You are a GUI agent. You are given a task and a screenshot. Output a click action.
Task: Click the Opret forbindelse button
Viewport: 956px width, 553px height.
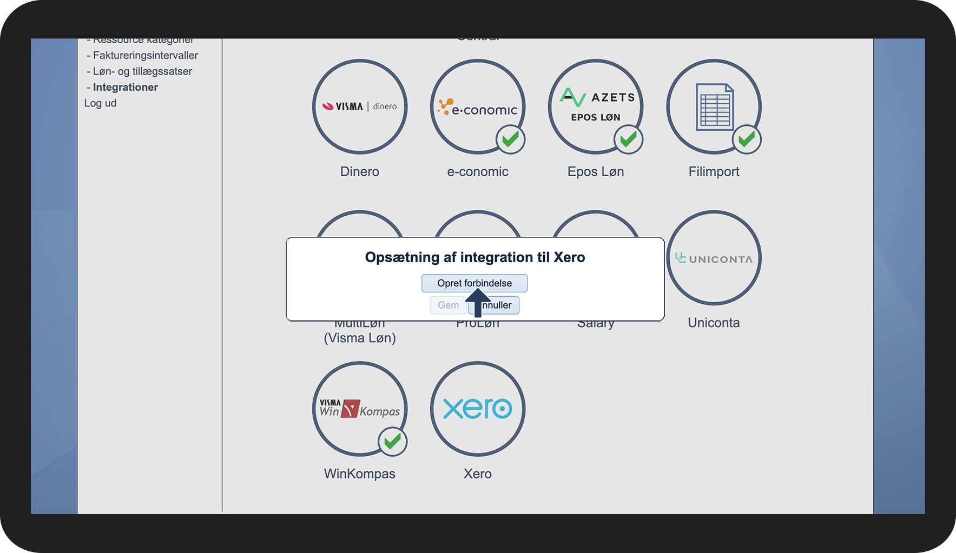click(474, 283)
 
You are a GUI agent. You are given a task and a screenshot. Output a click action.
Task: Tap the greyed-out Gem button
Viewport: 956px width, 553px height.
click(448, 305)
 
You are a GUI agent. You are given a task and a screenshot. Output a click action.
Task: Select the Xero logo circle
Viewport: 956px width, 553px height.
click(478, 409)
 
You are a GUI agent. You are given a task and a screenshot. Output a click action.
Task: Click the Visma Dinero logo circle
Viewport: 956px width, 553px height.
click(360, 106)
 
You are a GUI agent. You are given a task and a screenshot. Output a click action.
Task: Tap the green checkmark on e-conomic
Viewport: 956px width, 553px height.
click(510, 139)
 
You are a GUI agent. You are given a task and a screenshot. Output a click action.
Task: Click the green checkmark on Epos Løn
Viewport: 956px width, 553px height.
click(628, 139)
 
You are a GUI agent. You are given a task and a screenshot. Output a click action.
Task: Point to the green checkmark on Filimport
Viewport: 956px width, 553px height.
click(747, 139)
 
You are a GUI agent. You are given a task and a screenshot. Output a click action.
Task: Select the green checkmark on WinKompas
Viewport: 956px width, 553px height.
click(392, 442)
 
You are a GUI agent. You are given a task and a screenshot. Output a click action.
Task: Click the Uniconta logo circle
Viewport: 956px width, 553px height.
click(714, 258)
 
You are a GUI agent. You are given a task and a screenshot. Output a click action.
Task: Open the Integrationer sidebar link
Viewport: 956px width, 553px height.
click(125, 87)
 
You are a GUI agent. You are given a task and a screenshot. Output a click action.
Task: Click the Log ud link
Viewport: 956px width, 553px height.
click(100, 103)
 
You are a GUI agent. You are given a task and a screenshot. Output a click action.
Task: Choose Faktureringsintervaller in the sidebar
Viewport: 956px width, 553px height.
click(145, 55)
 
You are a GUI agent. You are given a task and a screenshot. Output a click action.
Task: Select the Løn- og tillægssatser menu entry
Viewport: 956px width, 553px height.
click(142, 71)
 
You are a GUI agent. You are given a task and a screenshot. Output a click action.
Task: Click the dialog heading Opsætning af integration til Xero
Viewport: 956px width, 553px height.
click(475, 257)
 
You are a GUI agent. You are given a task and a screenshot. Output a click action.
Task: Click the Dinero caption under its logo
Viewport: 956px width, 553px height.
click(360, 171)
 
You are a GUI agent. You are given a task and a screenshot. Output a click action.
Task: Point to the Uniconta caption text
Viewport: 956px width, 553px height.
click(714, 323)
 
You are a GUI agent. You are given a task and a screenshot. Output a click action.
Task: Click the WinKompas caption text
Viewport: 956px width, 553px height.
click(360, 474)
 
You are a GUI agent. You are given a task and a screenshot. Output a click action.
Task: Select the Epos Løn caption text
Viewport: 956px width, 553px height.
click(596, 171)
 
